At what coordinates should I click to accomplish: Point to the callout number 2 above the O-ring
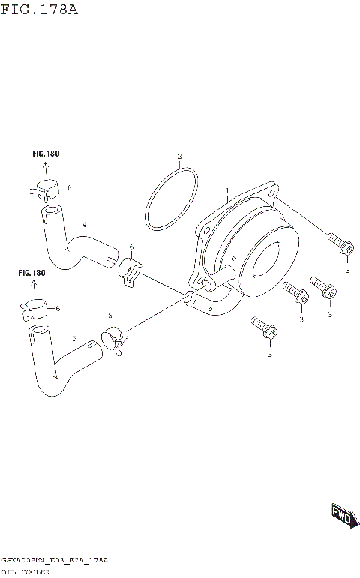179,157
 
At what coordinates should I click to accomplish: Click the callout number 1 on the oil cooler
226,191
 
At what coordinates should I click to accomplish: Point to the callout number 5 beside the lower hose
73,339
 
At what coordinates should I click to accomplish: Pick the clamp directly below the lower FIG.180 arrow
35,307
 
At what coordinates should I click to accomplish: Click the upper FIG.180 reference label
46,154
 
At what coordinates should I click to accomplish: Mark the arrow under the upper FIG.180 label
46,169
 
